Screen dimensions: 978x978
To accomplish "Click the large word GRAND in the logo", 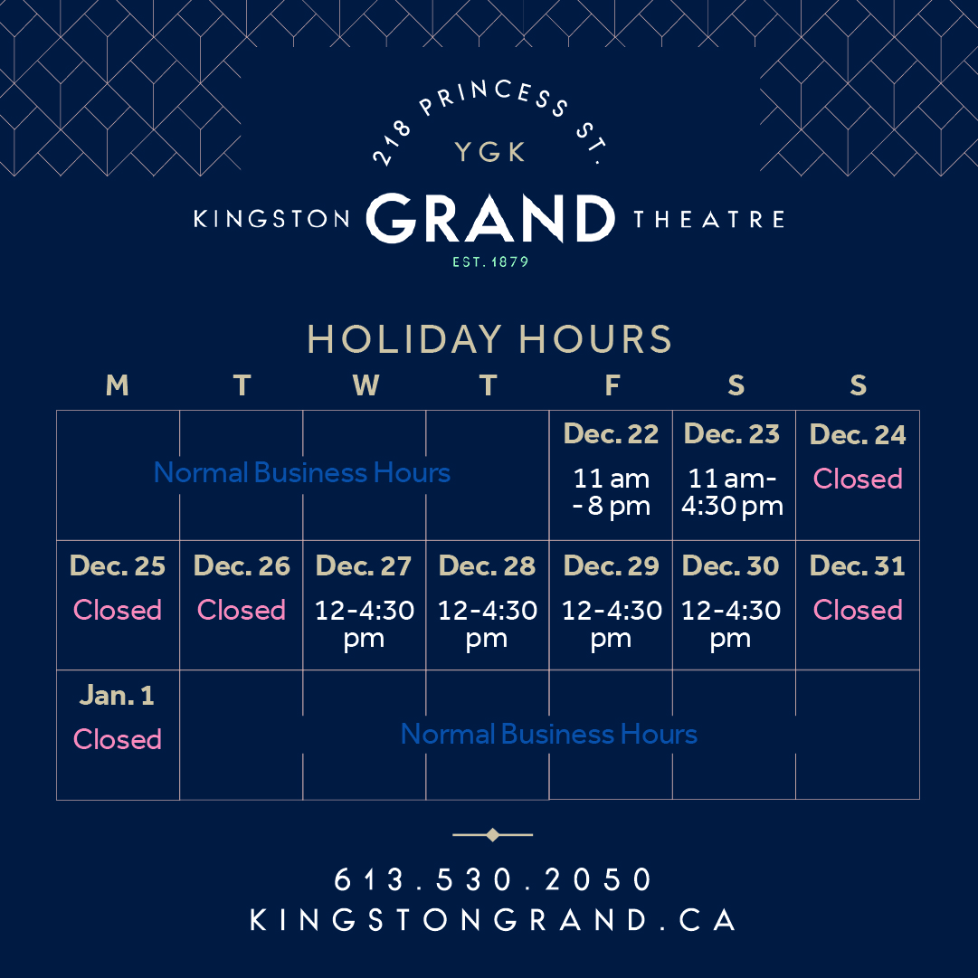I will (489, 219).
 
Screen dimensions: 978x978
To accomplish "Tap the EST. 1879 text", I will (490, 262).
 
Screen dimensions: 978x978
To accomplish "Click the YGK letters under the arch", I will (490, 152).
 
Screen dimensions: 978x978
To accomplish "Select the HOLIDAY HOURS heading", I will (489, 339).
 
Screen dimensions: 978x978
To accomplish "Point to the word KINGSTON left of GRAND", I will (272, 220).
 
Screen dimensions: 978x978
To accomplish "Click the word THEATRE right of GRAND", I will (708, 220).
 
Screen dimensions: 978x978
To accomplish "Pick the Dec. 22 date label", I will (611, 434).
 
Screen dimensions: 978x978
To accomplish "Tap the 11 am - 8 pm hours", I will (611, 491).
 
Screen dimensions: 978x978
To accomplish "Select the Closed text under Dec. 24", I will (858, 479).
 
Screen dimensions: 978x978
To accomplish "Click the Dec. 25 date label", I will (118, 566).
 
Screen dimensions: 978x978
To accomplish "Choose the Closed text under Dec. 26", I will (242, 610).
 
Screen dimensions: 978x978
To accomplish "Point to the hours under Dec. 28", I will (488, 623).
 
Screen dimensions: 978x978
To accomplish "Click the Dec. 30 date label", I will (731, 566).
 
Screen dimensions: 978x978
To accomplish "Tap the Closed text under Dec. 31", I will (858, 610).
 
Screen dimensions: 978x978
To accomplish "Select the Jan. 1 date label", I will (118, 696).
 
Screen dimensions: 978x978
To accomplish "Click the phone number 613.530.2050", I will (493, 879).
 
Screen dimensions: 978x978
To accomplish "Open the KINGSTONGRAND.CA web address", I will (493, 920).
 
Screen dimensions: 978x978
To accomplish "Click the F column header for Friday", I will (612, 386).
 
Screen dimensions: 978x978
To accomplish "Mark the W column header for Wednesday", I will (365, 386).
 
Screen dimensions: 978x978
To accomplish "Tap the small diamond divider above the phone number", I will (492, 835).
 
